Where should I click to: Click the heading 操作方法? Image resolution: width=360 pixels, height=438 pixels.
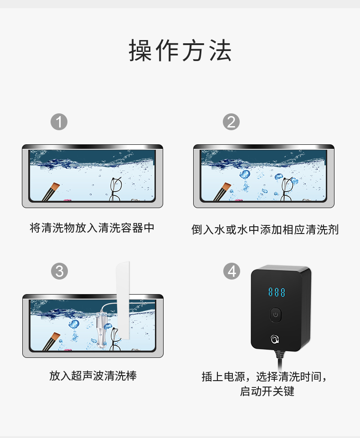click(x=180, y=51)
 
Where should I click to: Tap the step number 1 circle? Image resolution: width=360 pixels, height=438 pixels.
click(x=59, y=122)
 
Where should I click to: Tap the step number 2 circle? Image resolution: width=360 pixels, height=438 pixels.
click(x=231, y=122)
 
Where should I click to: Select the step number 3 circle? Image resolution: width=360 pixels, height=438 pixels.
click(x=59, y=271)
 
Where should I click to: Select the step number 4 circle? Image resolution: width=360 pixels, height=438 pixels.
click(x=231, y=271)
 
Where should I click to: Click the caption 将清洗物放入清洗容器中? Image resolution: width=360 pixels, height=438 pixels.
click(x=92, y=228)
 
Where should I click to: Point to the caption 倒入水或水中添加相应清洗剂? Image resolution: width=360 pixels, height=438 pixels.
click(x=265, y=229)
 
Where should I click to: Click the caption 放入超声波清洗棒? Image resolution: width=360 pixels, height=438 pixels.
click(x=93, y=376)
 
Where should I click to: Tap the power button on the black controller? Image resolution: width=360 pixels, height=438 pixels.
click(x=276, y=314)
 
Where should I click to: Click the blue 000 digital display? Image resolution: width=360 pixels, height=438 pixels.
click(x=276, y=292)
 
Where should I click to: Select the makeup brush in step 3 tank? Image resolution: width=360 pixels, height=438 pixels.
click(x=51, y=341)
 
